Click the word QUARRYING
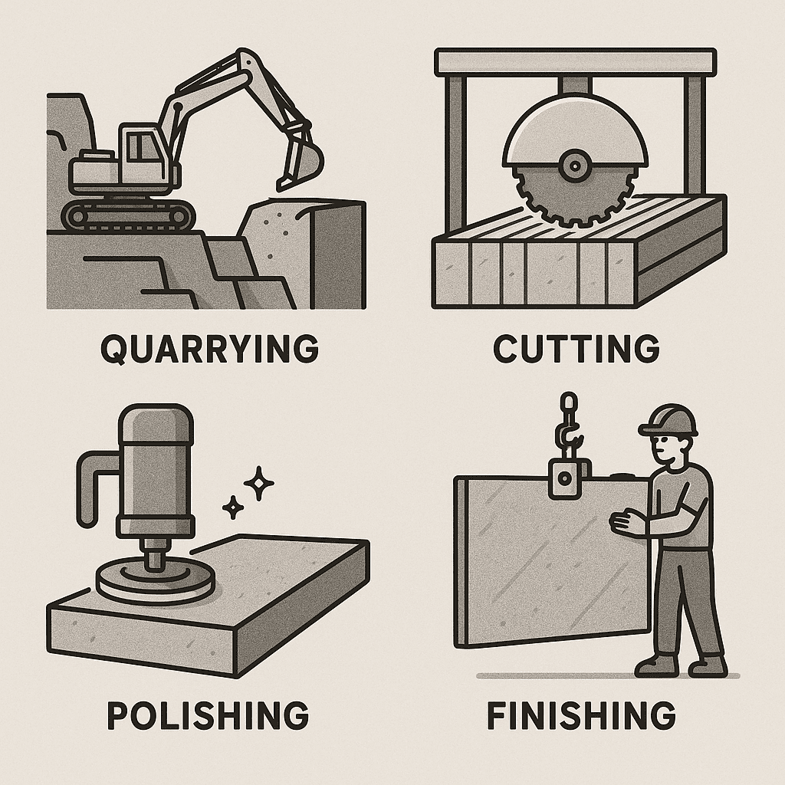(x=209, y=348)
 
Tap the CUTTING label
(x=576, y=348)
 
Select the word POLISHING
(x=208, y=715)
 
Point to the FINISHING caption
(x=581, y=715)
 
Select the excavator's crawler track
(x=127, y=215)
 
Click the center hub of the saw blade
(x=575, y=166)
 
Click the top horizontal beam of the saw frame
(x=575, y=62)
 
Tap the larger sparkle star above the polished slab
(x=259, y=483)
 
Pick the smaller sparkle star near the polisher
(x=233, y=507)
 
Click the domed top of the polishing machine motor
(x=155, y=424)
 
